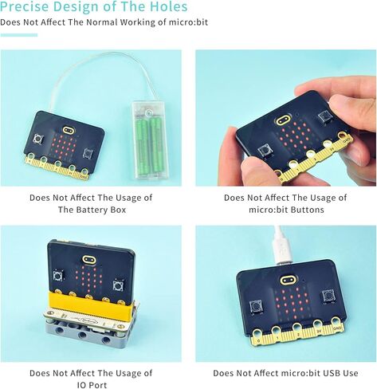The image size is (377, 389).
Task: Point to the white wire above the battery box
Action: (96, 76)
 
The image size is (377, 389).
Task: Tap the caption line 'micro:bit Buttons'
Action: (285, 210)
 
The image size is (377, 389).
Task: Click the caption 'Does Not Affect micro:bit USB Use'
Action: (285, 373)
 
